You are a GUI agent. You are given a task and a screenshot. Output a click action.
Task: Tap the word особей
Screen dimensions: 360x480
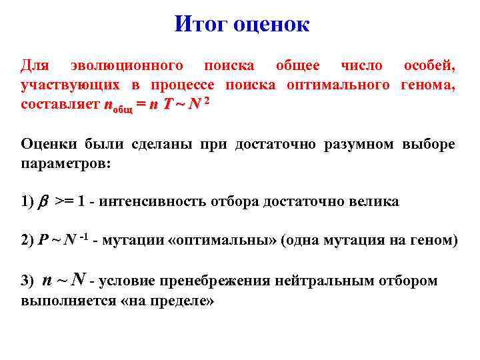pyautogui.click(x=429, y=66)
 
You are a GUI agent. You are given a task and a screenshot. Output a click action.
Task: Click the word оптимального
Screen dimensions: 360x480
pyautogui.click(x=338, y=85)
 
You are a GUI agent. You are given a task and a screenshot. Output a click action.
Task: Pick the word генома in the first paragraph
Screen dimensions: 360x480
pyautogui.click(x=429, y=85)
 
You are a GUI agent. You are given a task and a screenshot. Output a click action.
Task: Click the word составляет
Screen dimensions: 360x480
pyautogui.click(x=60, y=105)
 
